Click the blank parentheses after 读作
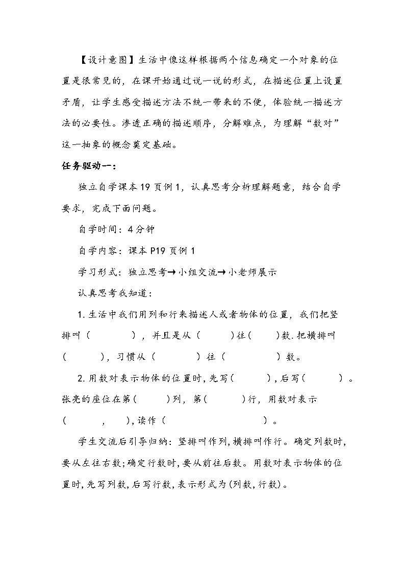[214, 421]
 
